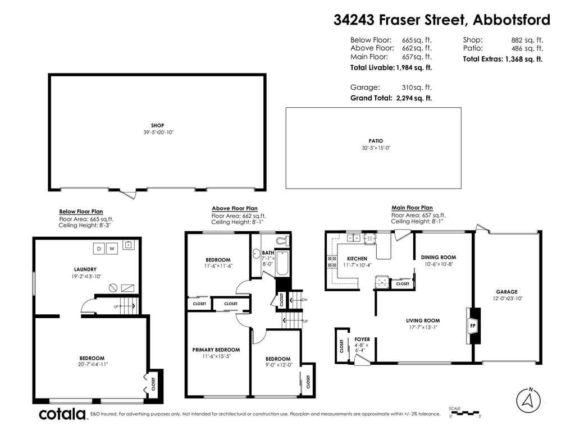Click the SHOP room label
pos(157,125)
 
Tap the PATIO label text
pos(376,141)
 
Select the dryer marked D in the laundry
pos(99,249)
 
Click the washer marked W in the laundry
pos(112,249)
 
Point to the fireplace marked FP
pos(473,325)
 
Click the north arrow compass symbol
pos(528,400)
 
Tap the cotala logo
pos(62,414)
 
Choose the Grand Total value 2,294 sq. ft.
pos(414,98)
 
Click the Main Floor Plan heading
pos(412,208)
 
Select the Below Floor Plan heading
pos(81,212)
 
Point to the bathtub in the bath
pos(282,263)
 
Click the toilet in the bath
pos(282,241)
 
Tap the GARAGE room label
pos(507,292)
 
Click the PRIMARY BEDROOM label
pos(216,350)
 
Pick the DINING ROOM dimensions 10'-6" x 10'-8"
pos(439,264)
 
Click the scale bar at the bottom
pos(465,413)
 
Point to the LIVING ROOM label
pos(423,320)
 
